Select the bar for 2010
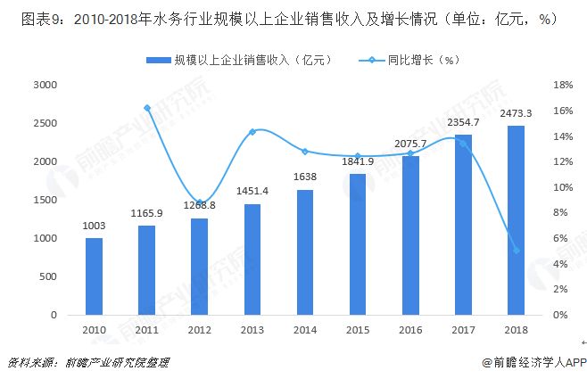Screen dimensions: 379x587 pos(94,276)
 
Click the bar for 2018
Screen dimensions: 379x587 pos(516,220)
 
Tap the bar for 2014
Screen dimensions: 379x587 pos(305,252)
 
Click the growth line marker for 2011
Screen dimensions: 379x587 pos(147,108)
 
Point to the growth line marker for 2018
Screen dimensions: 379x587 pos(516,250)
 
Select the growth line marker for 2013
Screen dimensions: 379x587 pos(252,132)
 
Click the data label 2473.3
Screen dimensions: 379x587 pos(516,113)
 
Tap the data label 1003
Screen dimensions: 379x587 pos(94,227)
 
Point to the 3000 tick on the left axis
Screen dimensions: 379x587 pos(45,85)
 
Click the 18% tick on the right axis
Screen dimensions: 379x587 pos(561,85)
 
